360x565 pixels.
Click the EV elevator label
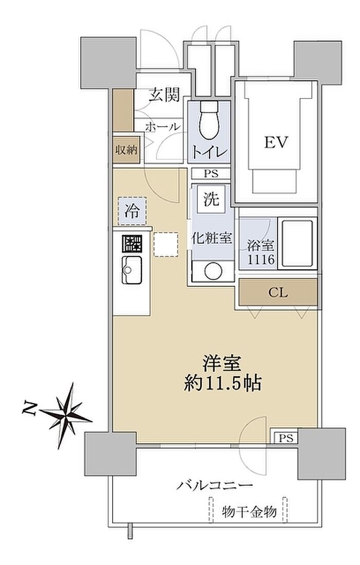point(277,143)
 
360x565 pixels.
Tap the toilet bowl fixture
point(209,120)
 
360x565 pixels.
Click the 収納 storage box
point(126,149)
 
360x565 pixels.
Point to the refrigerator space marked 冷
point(132,211)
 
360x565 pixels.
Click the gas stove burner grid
point(132,243)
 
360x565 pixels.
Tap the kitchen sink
point(132,270)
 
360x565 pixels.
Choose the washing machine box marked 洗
point(212,199)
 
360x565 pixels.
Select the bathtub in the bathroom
point(297,243)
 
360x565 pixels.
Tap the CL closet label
point(278,292)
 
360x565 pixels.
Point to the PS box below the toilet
point(211,174)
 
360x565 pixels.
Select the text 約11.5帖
point(223,383)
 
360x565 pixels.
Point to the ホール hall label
point(163,127)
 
